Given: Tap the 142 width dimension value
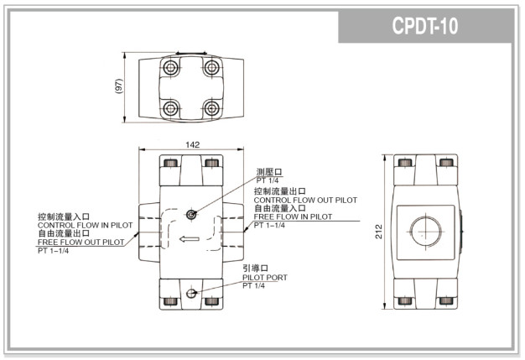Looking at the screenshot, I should tap(192, 144).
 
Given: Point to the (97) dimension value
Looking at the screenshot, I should tap(119, 86).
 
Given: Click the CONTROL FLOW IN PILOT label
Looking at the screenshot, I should tap(85, 225).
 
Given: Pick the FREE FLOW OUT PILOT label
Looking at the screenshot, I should tap(81, 242).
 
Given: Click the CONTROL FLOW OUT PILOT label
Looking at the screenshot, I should tap(304, 201).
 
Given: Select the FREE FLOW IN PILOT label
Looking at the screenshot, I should tap(293, 217).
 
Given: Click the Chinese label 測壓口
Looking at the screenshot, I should tap(269, 171).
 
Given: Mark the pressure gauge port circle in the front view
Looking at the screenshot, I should tap(191, 215).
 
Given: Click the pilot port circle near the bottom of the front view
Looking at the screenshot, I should tap(191, 293).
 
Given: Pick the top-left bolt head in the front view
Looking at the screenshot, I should tap(171, 163).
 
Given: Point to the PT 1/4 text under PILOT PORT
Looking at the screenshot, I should tap(254, 286).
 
